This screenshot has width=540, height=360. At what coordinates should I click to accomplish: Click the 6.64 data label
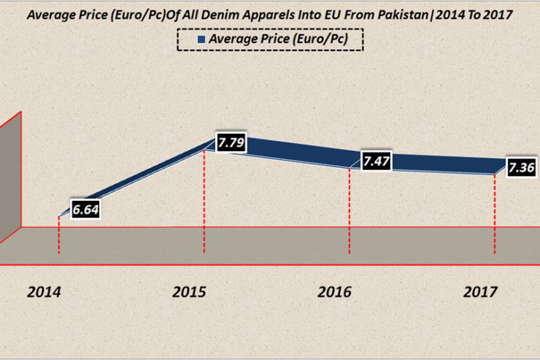coord(85,210)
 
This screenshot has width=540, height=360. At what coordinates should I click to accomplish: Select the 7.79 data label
coord(231,143)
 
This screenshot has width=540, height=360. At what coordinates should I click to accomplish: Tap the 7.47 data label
coord(377,161)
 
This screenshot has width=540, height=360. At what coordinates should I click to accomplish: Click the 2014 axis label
coord(45,292)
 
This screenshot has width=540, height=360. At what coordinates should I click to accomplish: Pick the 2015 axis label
coord(190,292)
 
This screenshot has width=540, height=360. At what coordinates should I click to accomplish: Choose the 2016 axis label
coord(335,292)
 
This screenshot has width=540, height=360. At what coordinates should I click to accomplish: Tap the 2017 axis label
coord(480,292)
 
